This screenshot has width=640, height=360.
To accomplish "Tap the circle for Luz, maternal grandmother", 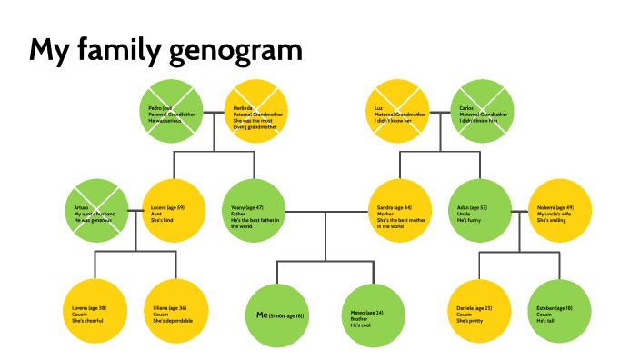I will [x=396, y=113].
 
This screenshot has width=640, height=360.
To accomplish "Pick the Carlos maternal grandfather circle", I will [x=483, y=113].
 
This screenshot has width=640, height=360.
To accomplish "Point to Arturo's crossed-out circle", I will [x=97, y=211].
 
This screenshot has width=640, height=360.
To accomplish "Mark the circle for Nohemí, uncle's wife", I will [x=560, y=211].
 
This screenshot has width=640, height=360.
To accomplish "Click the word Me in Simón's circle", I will [x=261, y=315].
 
